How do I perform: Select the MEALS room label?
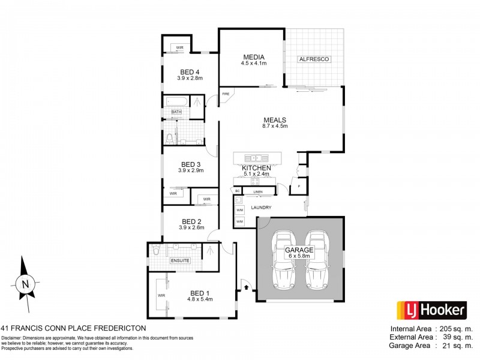click(x=274, y=119)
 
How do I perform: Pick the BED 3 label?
click(x=190, y=164)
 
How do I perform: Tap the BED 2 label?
click(x=190, y=220)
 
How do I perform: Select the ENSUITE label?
click(x=180, y=261)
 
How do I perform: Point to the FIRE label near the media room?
click(x=226, y=94)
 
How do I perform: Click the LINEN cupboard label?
click(x=258, y=192)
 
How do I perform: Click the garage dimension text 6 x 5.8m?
click(x=300, y=256)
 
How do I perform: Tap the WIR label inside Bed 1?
click(x=161, y=296)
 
